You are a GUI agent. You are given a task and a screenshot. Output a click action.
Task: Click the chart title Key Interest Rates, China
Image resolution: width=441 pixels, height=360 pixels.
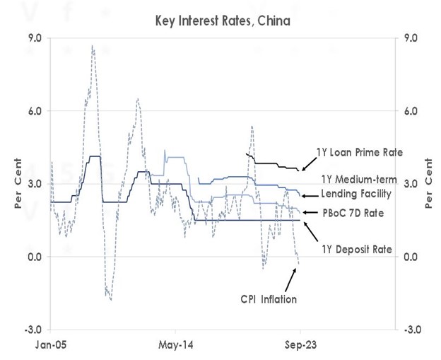tap(223, 21)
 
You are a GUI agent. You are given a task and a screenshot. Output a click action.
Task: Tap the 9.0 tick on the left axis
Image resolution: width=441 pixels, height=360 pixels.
tap(34, 37)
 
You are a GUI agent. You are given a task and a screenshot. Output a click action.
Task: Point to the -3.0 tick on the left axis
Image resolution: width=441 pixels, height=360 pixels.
tap(33, 330)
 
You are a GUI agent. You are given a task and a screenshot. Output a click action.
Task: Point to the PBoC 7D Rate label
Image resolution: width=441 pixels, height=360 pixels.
tap(354, 211)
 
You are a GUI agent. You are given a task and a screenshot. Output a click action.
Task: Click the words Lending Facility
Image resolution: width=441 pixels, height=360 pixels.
tap(354, 194)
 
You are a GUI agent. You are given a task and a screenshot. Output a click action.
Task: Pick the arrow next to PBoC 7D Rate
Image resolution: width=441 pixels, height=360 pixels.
tap(307, 211)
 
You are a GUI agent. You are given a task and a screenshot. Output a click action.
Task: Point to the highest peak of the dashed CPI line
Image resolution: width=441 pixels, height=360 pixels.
tap(93, 46)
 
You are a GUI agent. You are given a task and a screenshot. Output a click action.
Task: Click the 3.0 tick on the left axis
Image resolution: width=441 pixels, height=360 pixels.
tap(34, 184)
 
